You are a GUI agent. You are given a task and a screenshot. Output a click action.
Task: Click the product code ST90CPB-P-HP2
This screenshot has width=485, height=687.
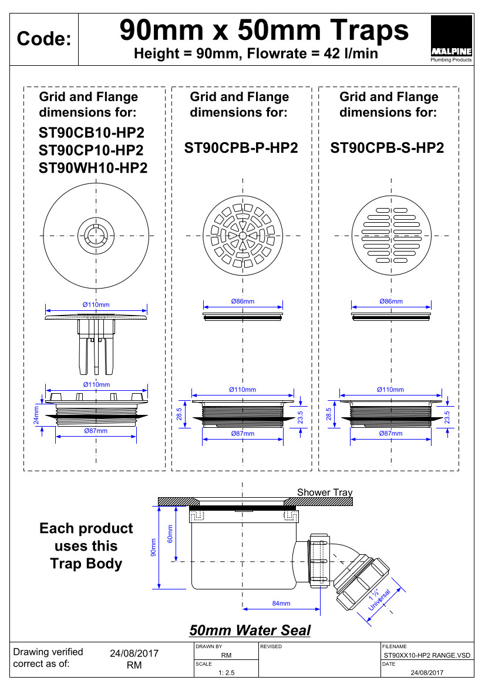coord(241,148)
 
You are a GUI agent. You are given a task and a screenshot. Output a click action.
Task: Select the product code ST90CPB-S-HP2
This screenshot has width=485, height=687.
coord(387,148)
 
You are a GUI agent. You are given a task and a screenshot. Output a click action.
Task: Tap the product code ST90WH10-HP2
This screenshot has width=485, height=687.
coord(93,169)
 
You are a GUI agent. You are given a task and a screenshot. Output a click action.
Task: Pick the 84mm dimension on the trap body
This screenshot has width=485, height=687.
coord(281,604)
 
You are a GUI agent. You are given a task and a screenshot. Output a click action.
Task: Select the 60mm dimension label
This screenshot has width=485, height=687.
coord(170,534)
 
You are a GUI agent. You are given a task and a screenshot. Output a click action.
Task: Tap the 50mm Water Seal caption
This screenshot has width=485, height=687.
coord(250,631)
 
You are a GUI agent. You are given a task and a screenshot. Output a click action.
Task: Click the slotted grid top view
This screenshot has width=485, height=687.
coord(392,236)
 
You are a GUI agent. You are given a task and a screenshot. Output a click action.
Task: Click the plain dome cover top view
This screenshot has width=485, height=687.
coord(94,236)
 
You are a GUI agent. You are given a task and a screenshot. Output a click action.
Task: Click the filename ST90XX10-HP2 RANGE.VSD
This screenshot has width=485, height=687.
coord(427,655)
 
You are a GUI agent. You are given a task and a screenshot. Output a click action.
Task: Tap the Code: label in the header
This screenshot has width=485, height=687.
coord(44,39)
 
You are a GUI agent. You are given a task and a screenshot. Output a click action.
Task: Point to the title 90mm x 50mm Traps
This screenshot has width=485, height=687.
coord(264,29)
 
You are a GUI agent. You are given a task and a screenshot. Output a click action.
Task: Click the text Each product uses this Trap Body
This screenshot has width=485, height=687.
coord(86,546)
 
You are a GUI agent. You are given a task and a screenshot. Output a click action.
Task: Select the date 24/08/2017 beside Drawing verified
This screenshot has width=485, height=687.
coord(134,654)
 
